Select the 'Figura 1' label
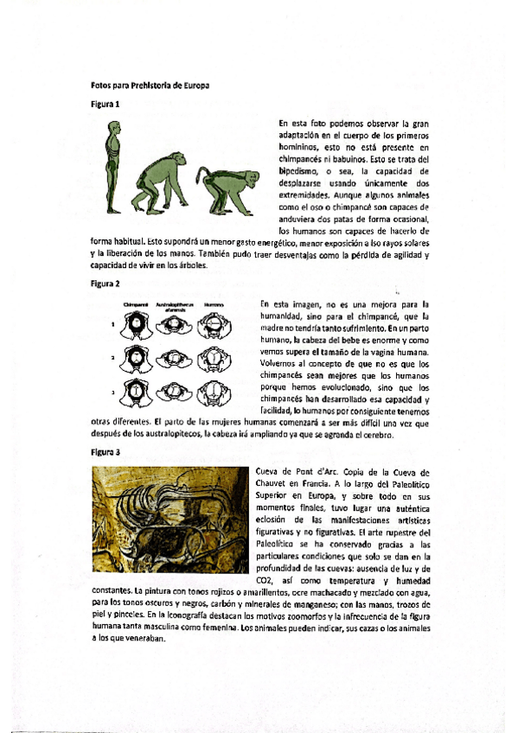[105, 105]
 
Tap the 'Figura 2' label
[105, 284]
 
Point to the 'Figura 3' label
[105, 452]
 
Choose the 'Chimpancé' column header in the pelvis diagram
[137, 304]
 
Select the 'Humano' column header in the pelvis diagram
[213, 304]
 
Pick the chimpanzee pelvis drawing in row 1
[137, 326]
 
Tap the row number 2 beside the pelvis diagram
[112, 357]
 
